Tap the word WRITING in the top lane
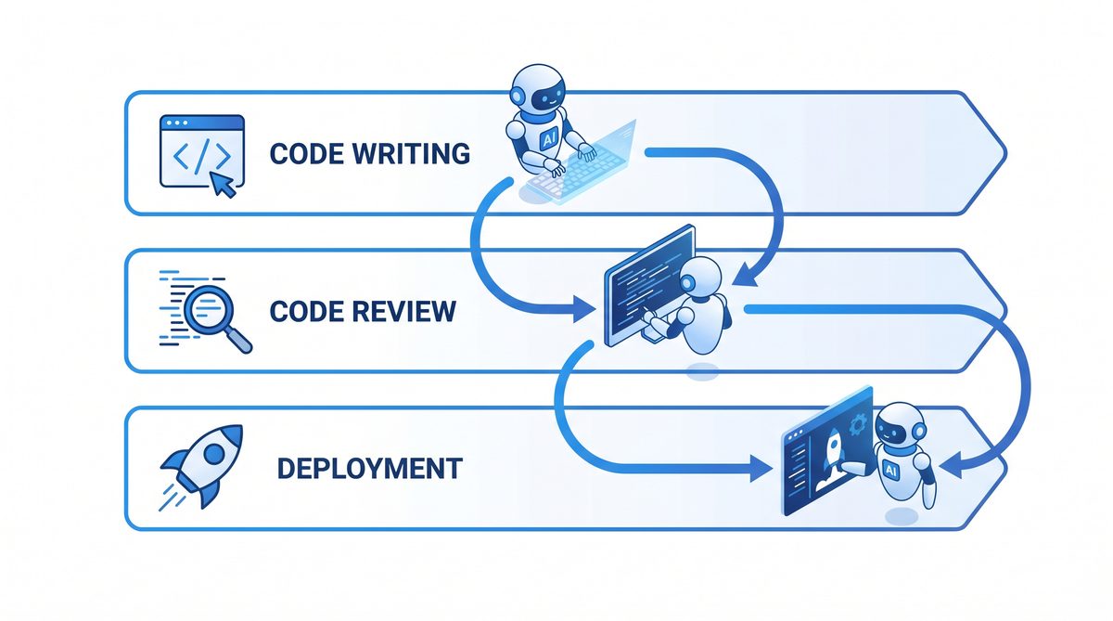coord(414,153)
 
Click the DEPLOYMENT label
coord(369,468)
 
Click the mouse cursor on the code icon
coord(224,183)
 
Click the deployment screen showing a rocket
coord(827,455)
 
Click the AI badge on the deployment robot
coord(891,471)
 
